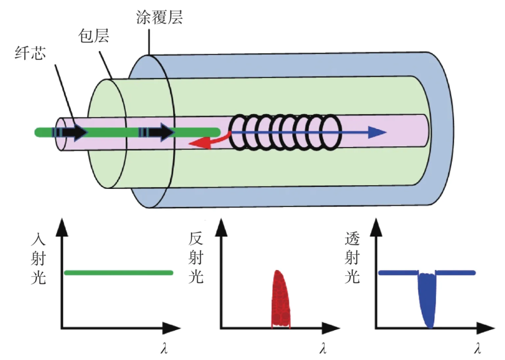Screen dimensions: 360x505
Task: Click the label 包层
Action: coord(93,36)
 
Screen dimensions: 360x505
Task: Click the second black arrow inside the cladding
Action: coord(159,133)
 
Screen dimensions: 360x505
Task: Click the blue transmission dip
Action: coord(427,299)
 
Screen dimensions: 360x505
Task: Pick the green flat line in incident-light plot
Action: coord(118,273)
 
